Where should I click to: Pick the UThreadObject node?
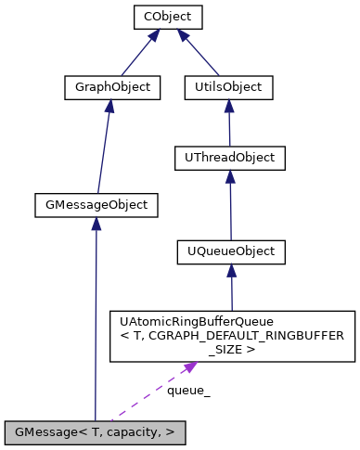(x=229, y=158)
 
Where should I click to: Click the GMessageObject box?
(x=95, y=204)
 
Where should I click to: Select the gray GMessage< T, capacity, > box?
(x=95, y=431)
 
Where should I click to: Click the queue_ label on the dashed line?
(x=188, y=391)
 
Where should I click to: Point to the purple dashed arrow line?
(x=148, y=393)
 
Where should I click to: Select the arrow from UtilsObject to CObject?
(x=199, y=55)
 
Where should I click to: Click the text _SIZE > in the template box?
(x=231, y=351)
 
